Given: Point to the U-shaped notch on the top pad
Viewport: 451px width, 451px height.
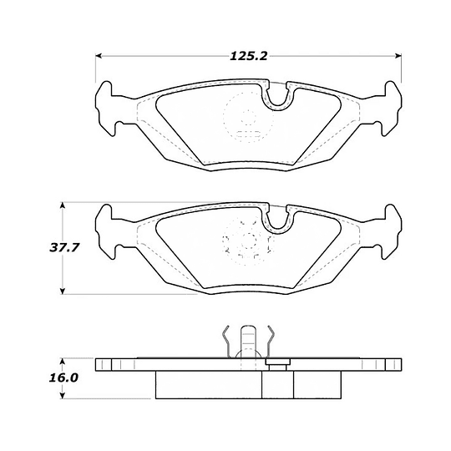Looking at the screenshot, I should [x=277, y=97].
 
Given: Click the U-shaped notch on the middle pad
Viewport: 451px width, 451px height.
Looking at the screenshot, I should [x=277, y=219].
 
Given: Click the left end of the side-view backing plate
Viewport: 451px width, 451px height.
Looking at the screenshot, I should [x=100, y=365].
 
